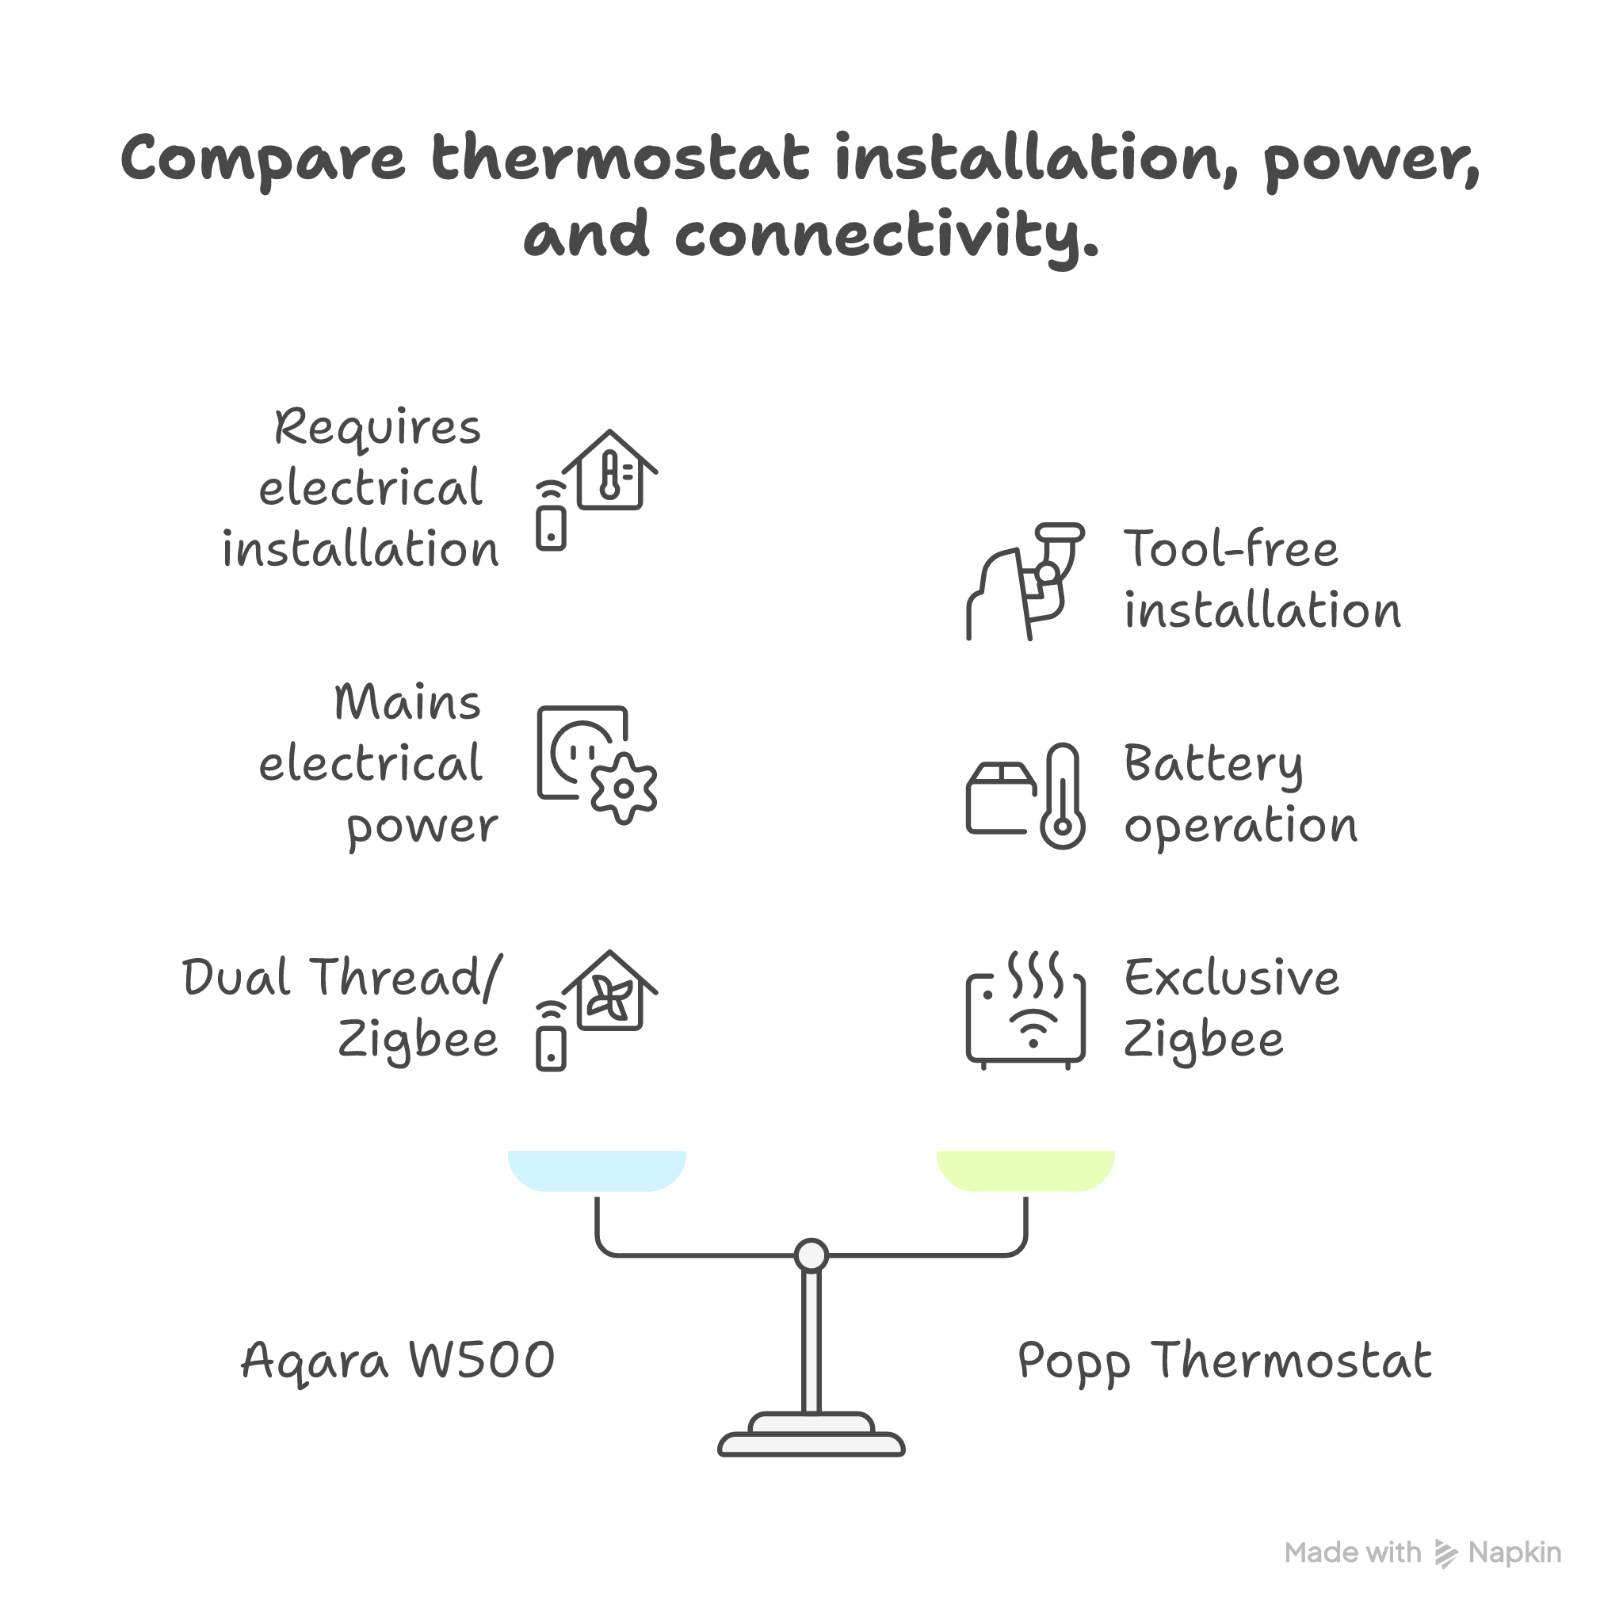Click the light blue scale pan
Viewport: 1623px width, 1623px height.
[597, 1167]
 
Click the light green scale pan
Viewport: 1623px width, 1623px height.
[1025, 1167]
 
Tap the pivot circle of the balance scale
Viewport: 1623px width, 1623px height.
[811, 1256]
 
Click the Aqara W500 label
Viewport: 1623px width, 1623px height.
[397, 1359]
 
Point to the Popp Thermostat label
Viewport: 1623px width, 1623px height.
[1224, 1361]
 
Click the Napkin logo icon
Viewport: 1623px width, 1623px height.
[1445, 1553]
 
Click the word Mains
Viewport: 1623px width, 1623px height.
[407, 702]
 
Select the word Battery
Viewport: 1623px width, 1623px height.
[1213, 765]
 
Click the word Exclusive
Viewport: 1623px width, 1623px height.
[1232, 978]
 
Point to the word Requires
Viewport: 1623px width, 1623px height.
[377, 428]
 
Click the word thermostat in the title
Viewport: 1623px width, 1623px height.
[620, 157]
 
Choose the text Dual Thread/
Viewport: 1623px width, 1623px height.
[342, 978]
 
